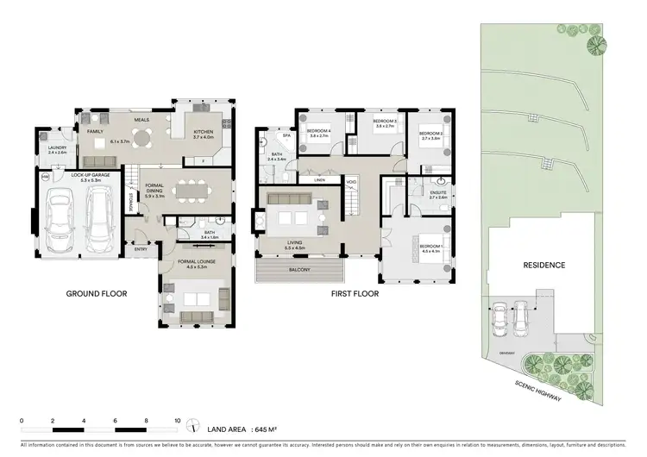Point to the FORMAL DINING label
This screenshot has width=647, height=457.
pyautogui.click(x=155, y=191)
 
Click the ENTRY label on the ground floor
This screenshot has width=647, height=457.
pyautogui.click(x=140, y=250)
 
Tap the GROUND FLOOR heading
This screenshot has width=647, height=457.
pyautogui.click(x=97, y=294)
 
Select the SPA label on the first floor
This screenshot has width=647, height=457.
pyautogui.click(x=286, y=136)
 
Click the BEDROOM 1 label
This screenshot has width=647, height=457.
pyautogui.click(x=432, y=247)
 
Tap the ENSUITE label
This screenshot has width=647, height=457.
pyautogui.click(x=437, y=194)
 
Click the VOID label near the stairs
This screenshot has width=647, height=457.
pyautogui.click(x=352, y=183)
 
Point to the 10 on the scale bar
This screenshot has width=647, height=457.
pyautogui.click(x=177, y=420)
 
